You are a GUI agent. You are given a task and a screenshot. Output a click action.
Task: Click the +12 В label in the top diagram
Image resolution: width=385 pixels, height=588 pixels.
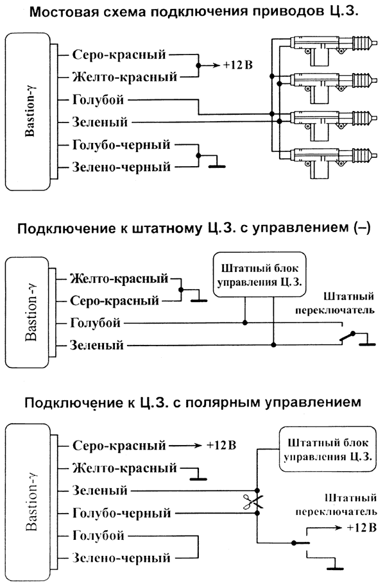(x=237, y=65)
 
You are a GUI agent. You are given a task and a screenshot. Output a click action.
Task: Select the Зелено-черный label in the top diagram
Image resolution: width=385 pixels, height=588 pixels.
(x=122, y=167)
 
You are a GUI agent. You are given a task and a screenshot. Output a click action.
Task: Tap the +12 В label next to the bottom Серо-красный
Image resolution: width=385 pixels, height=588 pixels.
(x=222, y=445)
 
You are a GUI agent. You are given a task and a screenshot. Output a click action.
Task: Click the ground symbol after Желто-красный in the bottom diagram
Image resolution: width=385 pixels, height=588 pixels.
(x=198, y=477)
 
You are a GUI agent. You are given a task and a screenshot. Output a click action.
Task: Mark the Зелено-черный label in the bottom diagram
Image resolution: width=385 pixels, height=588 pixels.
(x=122, y=557)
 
